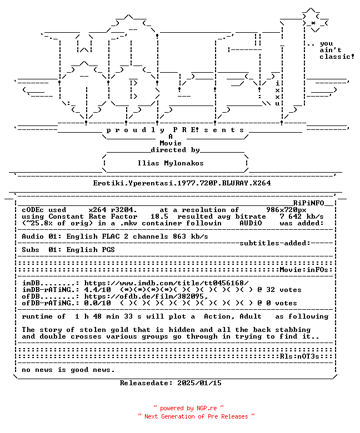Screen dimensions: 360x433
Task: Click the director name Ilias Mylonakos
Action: (171, 163)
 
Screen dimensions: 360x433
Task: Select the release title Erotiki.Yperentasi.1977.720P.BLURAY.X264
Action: (182, 183)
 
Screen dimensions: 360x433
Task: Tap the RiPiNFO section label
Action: (308, 203)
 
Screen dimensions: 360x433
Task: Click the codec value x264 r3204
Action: (113, 210)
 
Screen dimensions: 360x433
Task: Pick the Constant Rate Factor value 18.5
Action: (159, 216)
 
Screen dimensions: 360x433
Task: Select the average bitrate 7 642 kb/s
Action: (302, 216)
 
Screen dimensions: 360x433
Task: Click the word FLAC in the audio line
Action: (111, 236)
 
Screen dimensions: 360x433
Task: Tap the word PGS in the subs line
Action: (108, 250)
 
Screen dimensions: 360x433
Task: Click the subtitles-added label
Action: (275, 243)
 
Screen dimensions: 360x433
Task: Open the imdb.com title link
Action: (166, 283)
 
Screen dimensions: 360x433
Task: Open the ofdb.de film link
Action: (146, 296)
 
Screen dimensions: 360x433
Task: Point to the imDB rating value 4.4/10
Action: (98, 290)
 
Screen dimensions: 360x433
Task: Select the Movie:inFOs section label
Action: (304, 270)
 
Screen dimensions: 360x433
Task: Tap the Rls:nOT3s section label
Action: (299, 356)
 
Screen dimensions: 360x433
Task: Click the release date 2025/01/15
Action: (199, 383)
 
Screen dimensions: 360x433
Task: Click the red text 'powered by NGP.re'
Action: (188, 408)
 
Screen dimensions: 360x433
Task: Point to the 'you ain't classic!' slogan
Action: (337, 51)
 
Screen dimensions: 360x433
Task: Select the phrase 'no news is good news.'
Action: (68, 370)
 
